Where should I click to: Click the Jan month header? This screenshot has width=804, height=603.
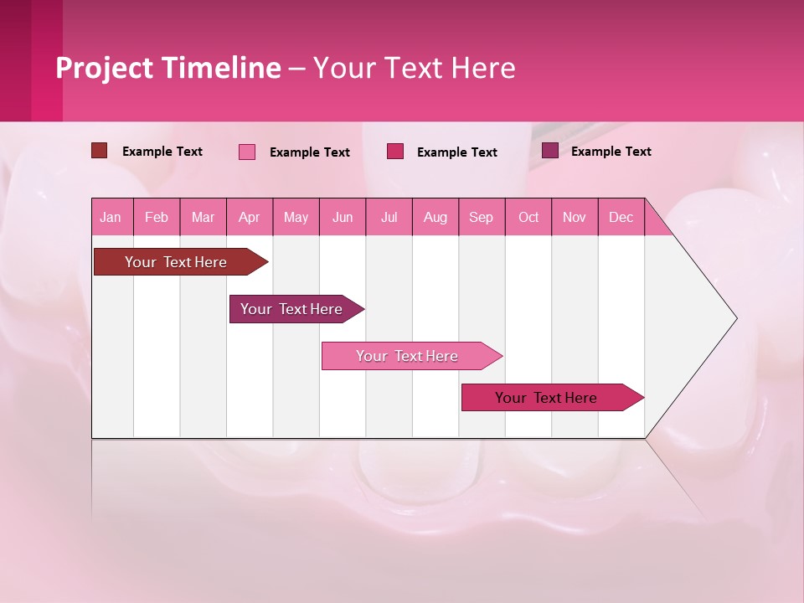[111, 217]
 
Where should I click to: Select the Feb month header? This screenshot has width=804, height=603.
[157, 217]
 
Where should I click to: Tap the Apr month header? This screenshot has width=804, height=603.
[250, 217]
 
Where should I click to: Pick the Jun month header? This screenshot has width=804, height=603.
[343, 217]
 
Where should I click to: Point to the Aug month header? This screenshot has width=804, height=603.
[435, 217]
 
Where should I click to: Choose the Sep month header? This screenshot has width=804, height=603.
[482, 217]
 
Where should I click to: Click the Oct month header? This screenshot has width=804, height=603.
[528, 217]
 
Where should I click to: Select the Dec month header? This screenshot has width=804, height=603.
[621, 217]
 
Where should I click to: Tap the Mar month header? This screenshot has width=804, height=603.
[203, 217]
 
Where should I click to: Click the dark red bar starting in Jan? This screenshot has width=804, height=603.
[176, 262]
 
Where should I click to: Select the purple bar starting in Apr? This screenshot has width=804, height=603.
[291, 309]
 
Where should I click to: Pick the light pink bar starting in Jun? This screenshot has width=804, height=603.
[407, 356]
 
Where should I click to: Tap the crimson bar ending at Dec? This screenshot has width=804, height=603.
[547, 398]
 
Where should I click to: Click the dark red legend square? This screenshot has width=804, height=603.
[100, 151]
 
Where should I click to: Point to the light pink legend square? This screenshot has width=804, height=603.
[247, 152]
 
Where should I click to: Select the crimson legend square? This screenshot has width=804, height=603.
[395, 151]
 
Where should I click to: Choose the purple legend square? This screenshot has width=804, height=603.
[550, 151]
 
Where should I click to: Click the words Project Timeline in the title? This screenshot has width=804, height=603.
[167, 68]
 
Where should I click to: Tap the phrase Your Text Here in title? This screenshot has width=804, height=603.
[415, 68]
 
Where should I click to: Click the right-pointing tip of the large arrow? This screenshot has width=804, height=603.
[734, 318]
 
